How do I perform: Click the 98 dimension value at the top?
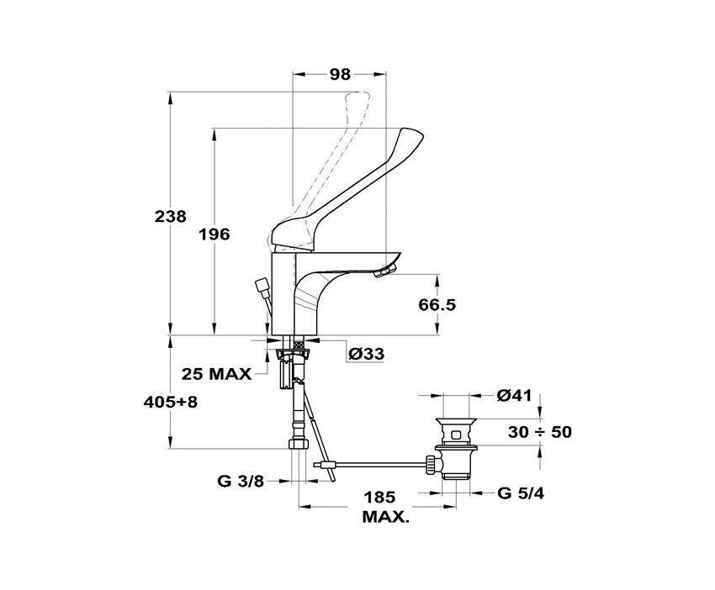340,74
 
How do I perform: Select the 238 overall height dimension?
171,216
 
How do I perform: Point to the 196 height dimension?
214,234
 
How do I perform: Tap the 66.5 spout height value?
437,304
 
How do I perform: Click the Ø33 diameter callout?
366,354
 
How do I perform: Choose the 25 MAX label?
216,374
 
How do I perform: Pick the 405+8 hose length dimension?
171,403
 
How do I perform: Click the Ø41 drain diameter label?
514,396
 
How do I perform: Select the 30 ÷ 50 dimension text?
540,432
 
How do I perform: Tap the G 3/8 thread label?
241,481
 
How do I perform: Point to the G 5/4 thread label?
521,493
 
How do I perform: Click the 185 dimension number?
379,498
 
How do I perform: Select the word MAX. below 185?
385,517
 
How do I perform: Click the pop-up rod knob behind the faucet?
262,288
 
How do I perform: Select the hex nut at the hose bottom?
299,444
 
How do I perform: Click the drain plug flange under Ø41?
456,420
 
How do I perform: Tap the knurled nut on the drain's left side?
431,465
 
